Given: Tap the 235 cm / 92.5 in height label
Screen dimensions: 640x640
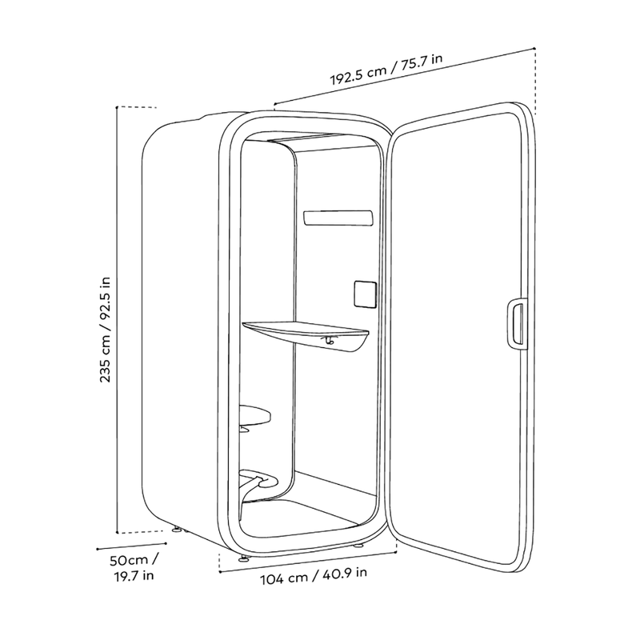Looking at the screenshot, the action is point(106,330).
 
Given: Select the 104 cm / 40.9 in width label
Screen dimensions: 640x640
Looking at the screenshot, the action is point(314,575).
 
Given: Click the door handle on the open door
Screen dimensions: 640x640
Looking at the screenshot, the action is point(518,324).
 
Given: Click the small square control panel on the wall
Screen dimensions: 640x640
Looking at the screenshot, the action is point(365,294).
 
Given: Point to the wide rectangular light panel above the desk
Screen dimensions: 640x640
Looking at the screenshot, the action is point(338,218).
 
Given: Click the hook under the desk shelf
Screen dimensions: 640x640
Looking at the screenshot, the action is point(330,340).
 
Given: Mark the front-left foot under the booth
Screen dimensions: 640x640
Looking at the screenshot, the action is point(243,558).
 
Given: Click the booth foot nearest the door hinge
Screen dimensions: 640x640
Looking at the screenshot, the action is point(358,546).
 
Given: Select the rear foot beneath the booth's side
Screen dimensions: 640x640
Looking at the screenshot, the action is point(177,530).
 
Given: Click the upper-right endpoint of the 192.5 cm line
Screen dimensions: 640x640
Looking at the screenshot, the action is point(534,48).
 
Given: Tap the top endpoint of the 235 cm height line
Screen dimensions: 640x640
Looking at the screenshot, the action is point(117,107).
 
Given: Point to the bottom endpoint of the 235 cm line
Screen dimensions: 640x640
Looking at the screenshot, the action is point(117,532).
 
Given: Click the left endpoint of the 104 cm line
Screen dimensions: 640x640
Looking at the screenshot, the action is point(219,572).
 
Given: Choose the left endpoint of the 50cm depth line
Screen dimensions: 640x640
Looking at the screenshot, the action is point(98,549).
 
